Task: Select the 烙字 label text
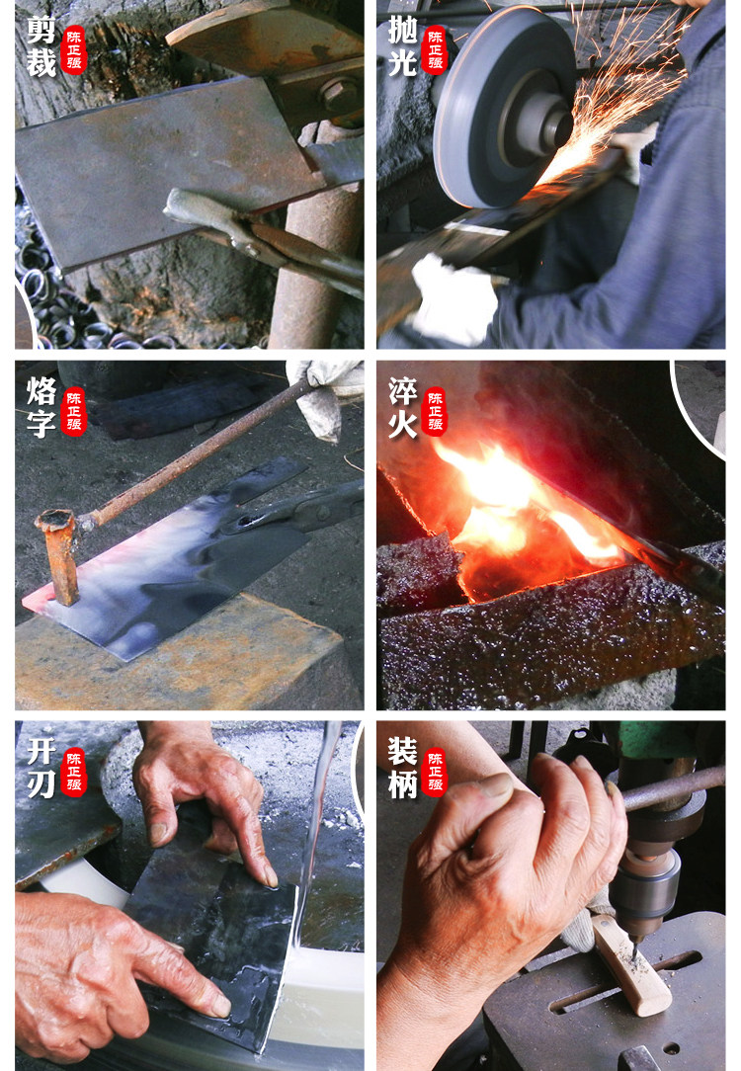[x=41, y=408]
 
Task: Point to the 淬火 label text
[x=402, y=408]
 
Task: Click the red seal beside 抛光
[x=435, y=49]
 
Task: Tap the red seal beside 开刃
[x=74, y=772]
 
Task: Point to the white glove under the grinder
[x=453, y=298]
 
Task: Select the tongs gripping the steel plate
[x=264, y=236]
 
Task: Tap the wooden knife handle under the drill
[x=631, y=964]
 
